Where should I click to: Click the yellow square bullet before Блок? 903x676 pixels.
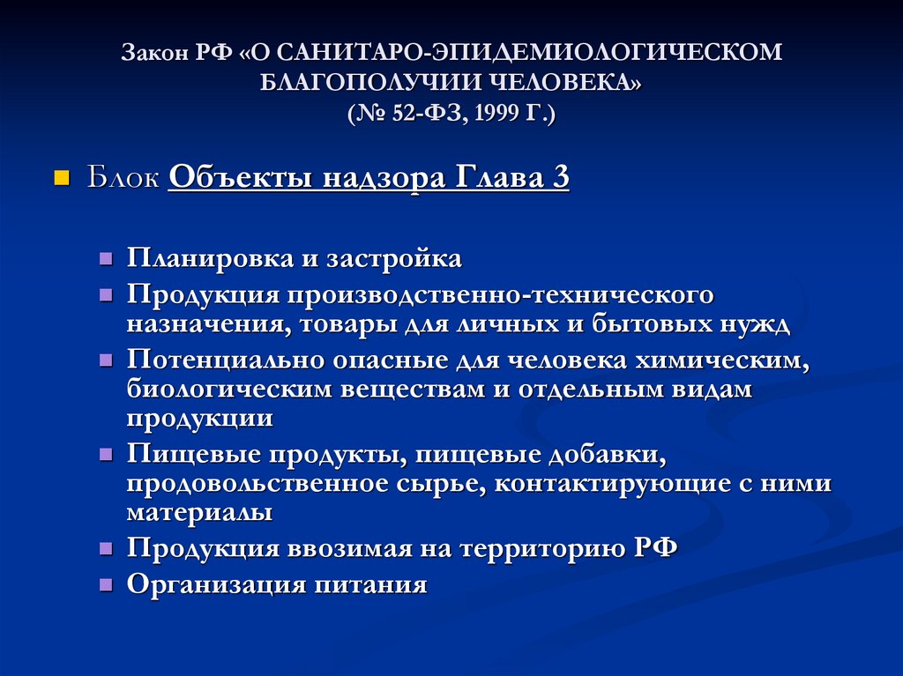click(62, 179)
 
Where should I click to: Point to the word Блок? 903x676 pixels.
click(123, 179)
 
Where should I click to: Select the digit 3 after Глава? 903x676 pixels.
click(560, 179)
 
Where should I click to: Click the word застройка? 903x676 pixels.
click(393, 259)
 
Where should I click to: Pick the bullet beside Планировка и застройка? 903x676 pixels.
click(106, 259)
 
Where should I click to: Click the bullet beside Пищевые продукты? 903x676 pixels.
click(106, 456)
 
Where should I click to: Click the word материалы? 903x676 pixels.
click(198, 511)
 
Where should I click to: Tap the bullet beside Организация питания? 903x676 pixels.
click(106, 584)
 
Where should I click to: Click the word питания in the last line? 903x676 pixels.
click(371, 584)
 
